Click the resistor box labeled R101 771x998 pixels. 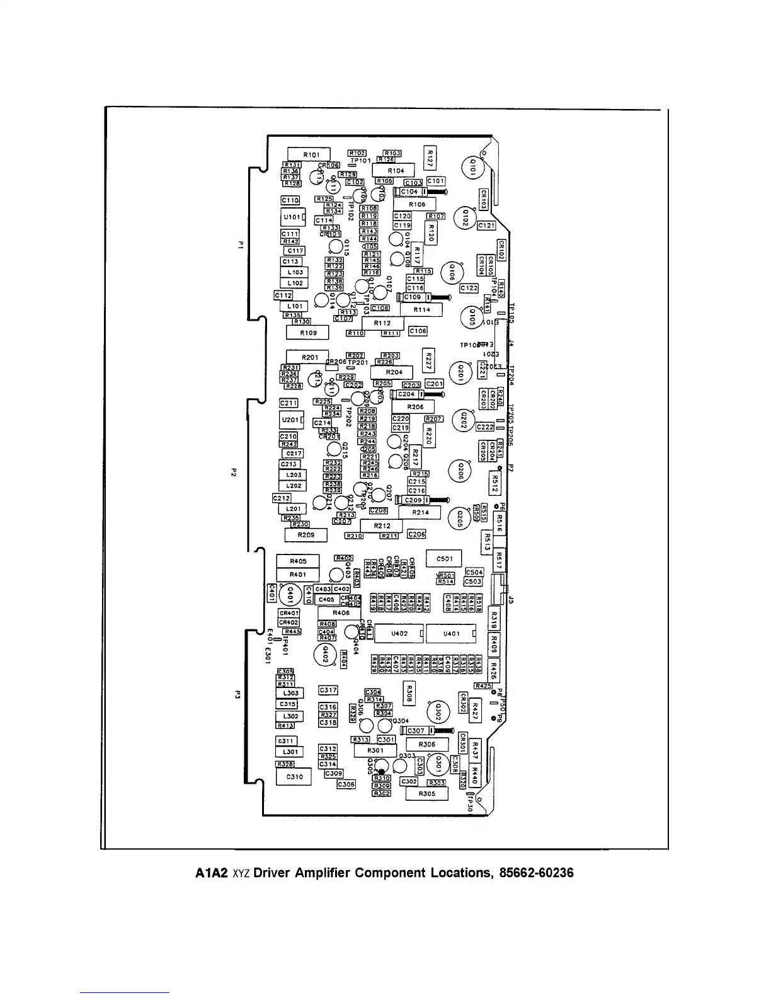click(309, 154)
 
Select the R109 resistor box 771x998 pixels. click(308, 332)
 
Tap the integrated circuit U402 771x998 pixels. click(399, 633)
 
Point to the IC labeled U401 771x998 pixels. click(451, 633)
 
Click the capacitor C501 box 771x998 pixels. click(444, 559)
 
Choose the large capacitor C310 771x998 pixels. click(294, 777)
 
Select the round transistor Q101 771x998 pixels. click(473, 168)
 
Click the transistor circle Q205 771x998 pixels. click(459, 519)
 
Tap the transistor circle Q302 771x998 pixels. click(438, 712)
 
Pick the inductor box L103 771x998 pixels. click(295, 272)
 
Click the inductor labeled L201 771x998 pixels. click(294, 509)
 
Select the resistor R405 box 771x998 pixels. click(298, 561)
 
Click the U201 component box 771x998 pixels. click(291, 420)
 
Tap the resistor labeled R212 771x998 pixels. click(382, 525)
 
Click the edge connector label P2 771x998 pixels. click(232, 471)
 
